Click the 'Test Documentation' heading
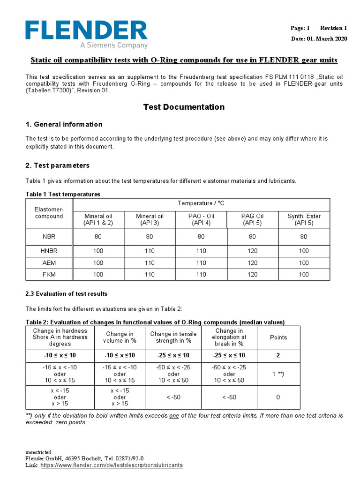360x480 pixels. tap(184, 107)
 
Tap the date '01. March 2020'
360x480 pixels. tap(327, 38)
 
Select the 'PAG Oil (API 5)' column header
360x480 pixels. tap(252, 219)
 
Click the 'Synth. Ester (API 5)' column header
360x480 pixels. tap(304, 219)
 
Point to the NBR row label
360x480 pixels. tap(49, 237)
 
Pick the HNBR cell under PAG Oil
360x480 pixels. tap(252, 251)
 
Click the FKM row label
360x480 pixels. tap(49, 274)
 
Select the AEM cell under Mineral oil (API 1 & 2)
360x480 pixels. tap(98, 263)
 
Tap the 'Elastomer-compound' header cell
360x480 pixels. tap(49, 212)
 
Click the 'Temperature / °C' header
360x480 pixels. tap(201, 203)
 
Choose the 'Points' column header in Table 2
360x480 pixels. tap(278, 337)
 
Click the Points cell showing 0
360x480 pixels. tap(278, 397)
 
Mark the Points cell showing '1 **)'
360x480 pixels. tap(278, 374)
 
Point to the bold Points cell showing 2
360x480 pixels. tap(278, 356)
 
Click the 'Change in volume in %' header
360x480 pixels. tap(120, 337)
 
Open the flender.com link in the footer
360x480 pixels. tap(112, 465)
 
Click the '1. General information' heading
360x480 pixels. tap(64, 124)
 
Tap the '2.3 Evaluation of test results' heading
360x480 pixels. tap(66, 294)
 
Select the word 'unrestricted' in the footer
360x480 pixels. tap(38, 452)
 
